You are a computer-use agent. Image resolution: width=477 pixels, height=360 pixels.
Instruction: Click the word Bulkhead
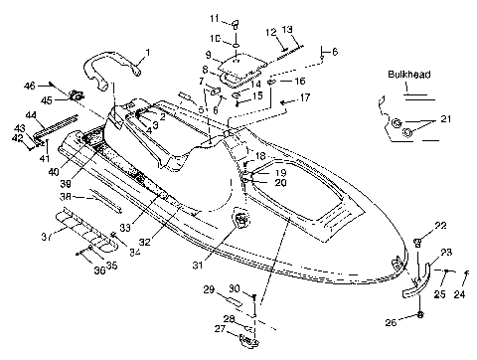[x=407, y=75]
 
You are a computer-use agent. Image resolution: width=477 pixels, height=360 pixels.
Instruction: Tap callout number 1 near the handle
[x=148, y=52]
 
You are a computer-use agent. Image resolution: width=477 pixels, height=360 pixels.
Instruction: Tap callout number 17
[x=305, y=97]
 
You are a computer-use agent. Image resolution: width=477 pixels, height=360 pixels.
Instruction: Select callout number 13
[x=287, y=30]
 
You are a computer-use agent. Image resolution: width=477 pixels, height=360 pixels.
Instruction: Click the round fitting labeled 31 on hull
[x=241, y=218]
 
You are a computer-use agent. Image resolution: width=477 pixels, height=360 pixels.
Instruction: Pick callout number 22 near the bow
[x=441, y=226]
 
